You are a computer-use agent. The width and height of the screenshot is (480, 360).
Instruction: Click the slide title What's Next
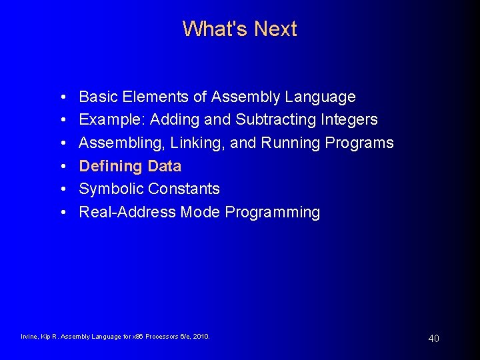coord(239,29)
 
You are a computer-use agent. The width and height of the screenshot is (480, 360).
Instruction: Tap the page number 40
coord(433,339)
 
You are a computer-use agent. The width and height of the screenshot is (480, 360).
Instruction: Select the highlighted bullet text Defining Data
coord(130,166)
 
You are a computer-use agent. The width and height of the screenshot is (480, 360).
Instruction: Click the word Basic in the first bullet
coord(96,97)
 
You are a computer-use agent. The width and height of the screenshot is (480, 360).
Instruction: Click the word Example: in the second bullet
coord(112,120)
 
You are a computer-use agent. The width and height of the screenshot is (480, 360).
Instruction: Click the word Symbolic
coord(111,189)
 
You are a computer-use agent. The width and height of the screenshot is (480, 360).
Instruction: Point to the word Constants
coord(183,189)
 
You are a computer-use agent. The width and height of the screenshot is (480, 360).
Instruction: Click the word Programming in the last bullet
coord(272,212)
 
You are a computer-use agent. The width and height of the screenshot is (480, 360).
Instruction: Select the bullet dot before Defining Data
coord(61,167)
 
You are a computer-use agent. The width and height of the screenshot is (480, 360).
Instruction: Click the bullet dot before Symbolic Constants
coord(61,189)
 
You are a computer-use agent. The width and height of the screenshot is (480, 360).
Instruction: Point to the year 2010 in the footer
coord(200,337)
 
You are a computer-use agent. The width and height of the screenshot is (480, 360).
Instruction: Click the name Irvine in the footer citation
coord(30,337)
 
